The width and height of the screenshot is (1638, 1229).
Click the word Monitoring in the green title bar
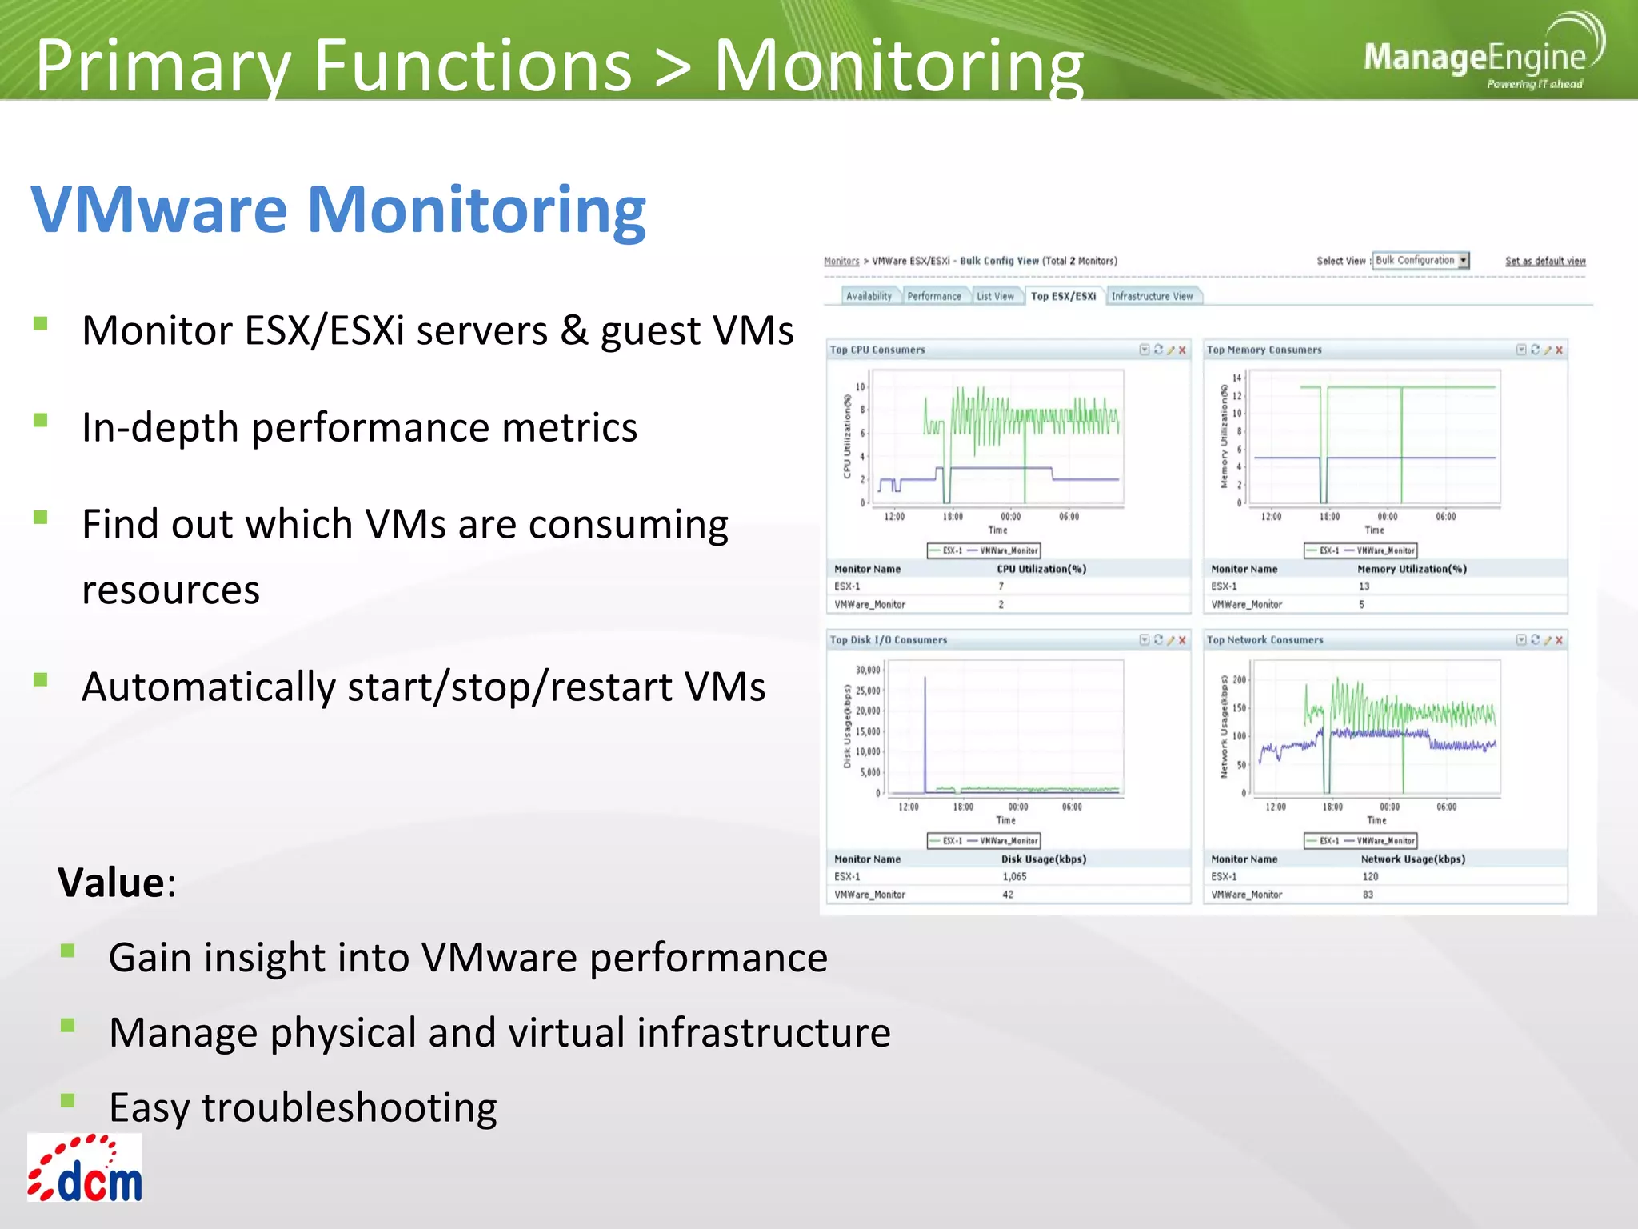coord(897,66)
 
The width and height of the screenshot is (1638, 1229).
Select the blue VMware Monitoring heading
coord(338,210)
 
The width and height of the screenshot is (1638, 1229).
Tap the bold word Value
coord(110,883)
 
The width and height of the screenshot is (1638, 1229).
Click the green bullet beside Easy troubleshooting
coord(68,1100)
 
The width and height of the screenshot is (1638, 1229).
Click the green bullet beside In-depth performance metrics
coord(41,420)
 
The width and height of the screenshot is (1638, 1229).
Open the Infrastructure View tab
coord(1152,297)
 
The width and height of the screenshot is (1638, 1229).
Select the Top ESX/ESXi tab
coord(1063,297)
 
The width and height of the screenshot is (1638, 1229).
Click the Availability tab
coord(869,297)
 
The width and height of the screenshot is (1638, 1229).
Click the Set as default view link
coord(1545,262)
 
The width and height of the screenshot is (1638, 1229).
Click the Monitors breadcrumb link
coord(841,262)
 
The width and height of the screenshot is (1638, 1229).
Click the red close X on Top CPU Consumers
coord(1182,350)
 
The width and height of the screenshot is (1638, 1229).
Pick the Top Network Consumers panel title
coord(1264,640)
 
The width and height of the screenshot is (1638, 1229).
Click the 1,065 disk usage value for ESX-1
coord(1014,877)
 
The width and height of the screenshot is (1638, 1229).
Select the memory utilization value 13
coord(1364,586)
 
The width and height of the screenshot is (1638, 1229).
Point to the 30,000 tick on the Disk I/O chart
coord(867,671)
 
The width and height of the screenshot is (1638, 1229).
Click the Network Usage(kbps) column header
coord(1412,859)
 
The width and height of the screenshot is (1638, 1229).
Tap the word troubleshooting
coord(349,1108)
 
